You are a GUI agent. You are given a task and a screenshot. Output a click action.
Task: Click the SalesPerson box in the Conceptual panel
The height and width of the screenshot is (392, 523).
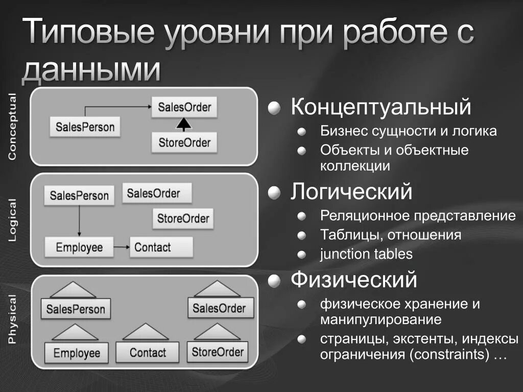(85, 127)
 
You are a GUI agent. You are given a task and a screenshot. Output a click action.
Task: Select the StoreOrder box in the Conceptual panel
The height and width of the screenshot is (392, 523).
(184, 142)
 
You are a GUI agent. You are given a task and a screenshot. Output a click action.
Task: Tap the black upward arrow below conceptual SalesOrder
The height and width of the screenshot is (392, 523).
(184, 124)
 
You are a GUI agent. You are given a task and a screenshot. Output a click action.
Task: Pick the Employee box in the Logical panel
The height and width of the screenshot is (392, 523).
(79, 248)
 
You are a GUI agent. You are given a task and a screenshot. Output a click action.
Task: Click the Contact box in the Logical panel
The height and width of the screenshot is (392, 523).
(161, 248)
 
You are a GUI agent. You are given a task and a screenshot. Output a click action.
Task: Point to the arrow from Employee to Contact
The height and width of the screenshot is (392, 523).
(122, 248)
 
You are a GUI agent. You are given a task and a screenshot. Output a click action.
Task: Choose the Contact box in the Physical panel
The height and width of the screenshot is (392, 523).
(148, 353)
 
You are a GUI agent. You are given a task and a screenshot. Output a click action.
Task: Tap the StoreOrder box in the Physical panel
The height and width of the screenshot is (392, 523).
(218, 352)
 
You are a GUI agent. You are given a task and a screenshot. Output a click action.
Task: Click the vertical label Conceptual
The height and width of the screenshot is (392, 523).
(12, 126)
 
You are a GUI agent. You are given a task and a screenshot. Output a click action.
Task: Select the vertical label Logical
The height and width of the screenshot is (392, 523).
(12, 220)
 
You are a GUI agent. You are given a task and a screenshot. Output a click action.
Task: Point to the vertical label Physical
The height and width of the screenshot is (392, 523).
(12, 320)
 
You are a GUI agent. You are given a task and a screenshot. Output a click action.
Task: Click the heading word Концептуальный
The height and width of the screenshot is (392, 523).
(381, 107)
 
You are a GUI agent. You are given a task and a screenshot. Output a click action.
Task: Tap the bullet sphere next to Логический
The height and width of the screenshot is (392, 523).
(275, 193)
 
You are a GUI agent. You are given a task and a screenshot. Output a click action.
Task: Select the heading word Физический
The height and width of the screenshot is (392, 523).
(354, 279)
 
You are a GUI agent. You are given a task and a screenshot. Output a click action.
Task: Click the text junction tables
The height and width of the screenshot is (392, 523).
(366, 254)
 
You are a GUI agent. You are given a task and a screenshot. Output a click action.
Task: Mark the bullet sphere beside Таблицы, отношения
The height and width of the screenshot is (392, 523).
(302, 235)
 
